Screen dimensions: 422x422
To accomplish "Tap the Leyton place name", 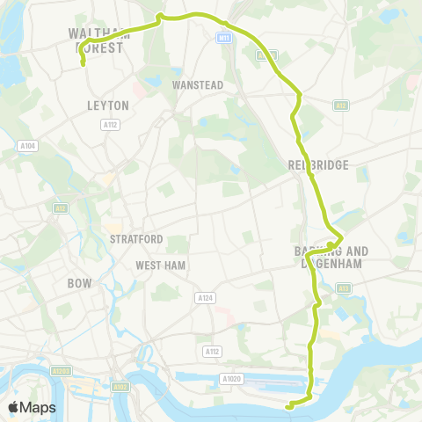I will pyautogui.click(x=109, y=105).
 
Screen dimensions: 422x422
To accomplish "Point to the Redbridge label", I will pyautogui.click(x=317, y=165).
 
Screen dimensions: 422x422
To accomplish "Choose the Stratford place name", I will pyautogui.click(x=136, y=239).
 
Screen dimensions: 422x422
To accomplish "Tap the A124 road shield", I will pyautogui.click(x=206, y=298).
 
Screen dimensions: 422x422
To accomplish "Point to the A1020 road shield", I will pyautogui.click(x=231, y=379).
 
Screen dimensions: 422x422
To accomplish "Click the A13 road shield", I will pyautogui.click(x=342, y=287).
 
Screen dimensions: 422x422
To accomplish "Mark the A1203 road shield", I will pyautogui.click(x=60, y=373).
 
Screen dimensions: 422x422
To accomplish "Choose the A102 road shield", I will pyautogui.click(x=120, y=385).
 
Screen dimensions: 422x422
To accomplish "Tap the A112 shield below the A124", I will pyautogui.click(x=210, y=351).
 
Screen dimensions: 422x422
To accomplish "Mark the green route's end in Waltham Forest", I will pyautogui.click(x=83, y=63).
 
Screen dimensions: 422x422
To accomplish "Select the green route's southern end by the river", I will pyautogui.click(x=288, y=406).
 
